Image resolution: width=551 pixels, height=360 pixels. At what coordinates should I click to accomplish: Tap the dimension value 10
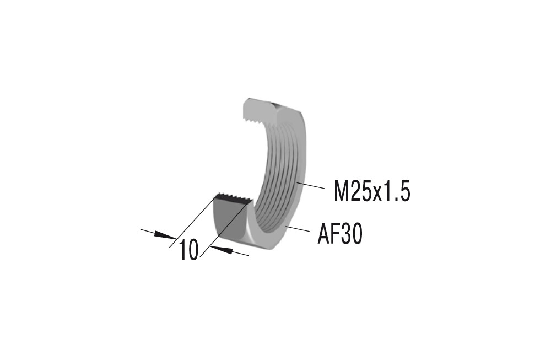189,250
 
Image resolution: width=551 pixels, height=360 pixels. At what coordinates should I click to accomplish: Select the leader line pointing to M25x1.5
310,185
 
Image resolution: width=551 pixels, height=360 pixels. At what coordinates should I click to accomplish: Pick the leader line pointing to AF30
298,229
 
